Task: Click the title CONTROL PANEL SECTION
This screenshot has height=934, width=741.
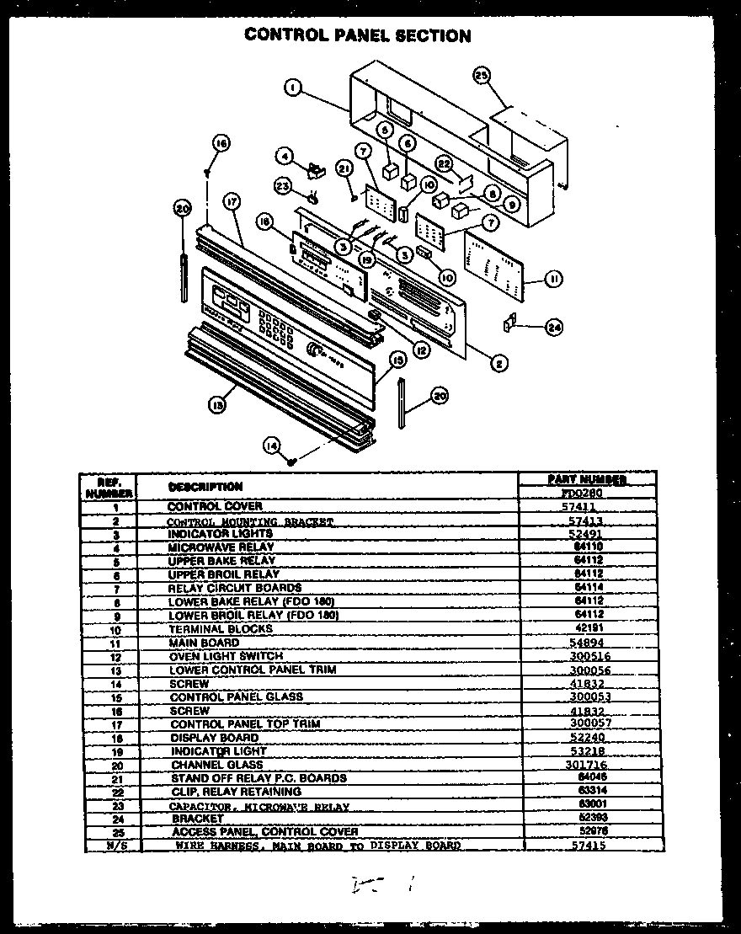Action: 357,35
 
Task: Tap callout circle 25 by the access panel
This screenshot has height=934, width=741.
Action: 480,76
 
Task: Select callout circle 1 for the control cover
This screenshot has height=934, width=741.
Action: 291,88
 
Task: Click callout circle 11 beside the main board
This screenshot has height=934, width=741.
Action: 553,279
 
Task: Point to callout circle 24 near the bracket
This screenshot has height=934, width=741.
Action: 553,327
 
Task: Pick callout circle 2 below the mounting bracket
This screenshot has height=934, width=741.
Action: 499,363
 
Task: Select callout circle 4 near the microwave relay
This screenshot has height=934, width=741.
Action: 285,156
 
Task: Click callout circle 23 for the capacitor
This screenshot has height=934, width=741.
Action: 284,186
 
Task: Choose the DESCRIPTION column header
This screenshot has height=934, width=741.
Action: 205,487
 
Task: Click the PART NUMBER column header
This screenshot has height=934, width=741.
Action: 587,479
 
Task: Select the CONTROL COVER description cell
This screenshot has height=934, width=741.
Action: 214,507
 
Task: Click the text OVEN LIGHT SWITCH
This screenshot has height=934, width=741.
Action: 226,656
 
